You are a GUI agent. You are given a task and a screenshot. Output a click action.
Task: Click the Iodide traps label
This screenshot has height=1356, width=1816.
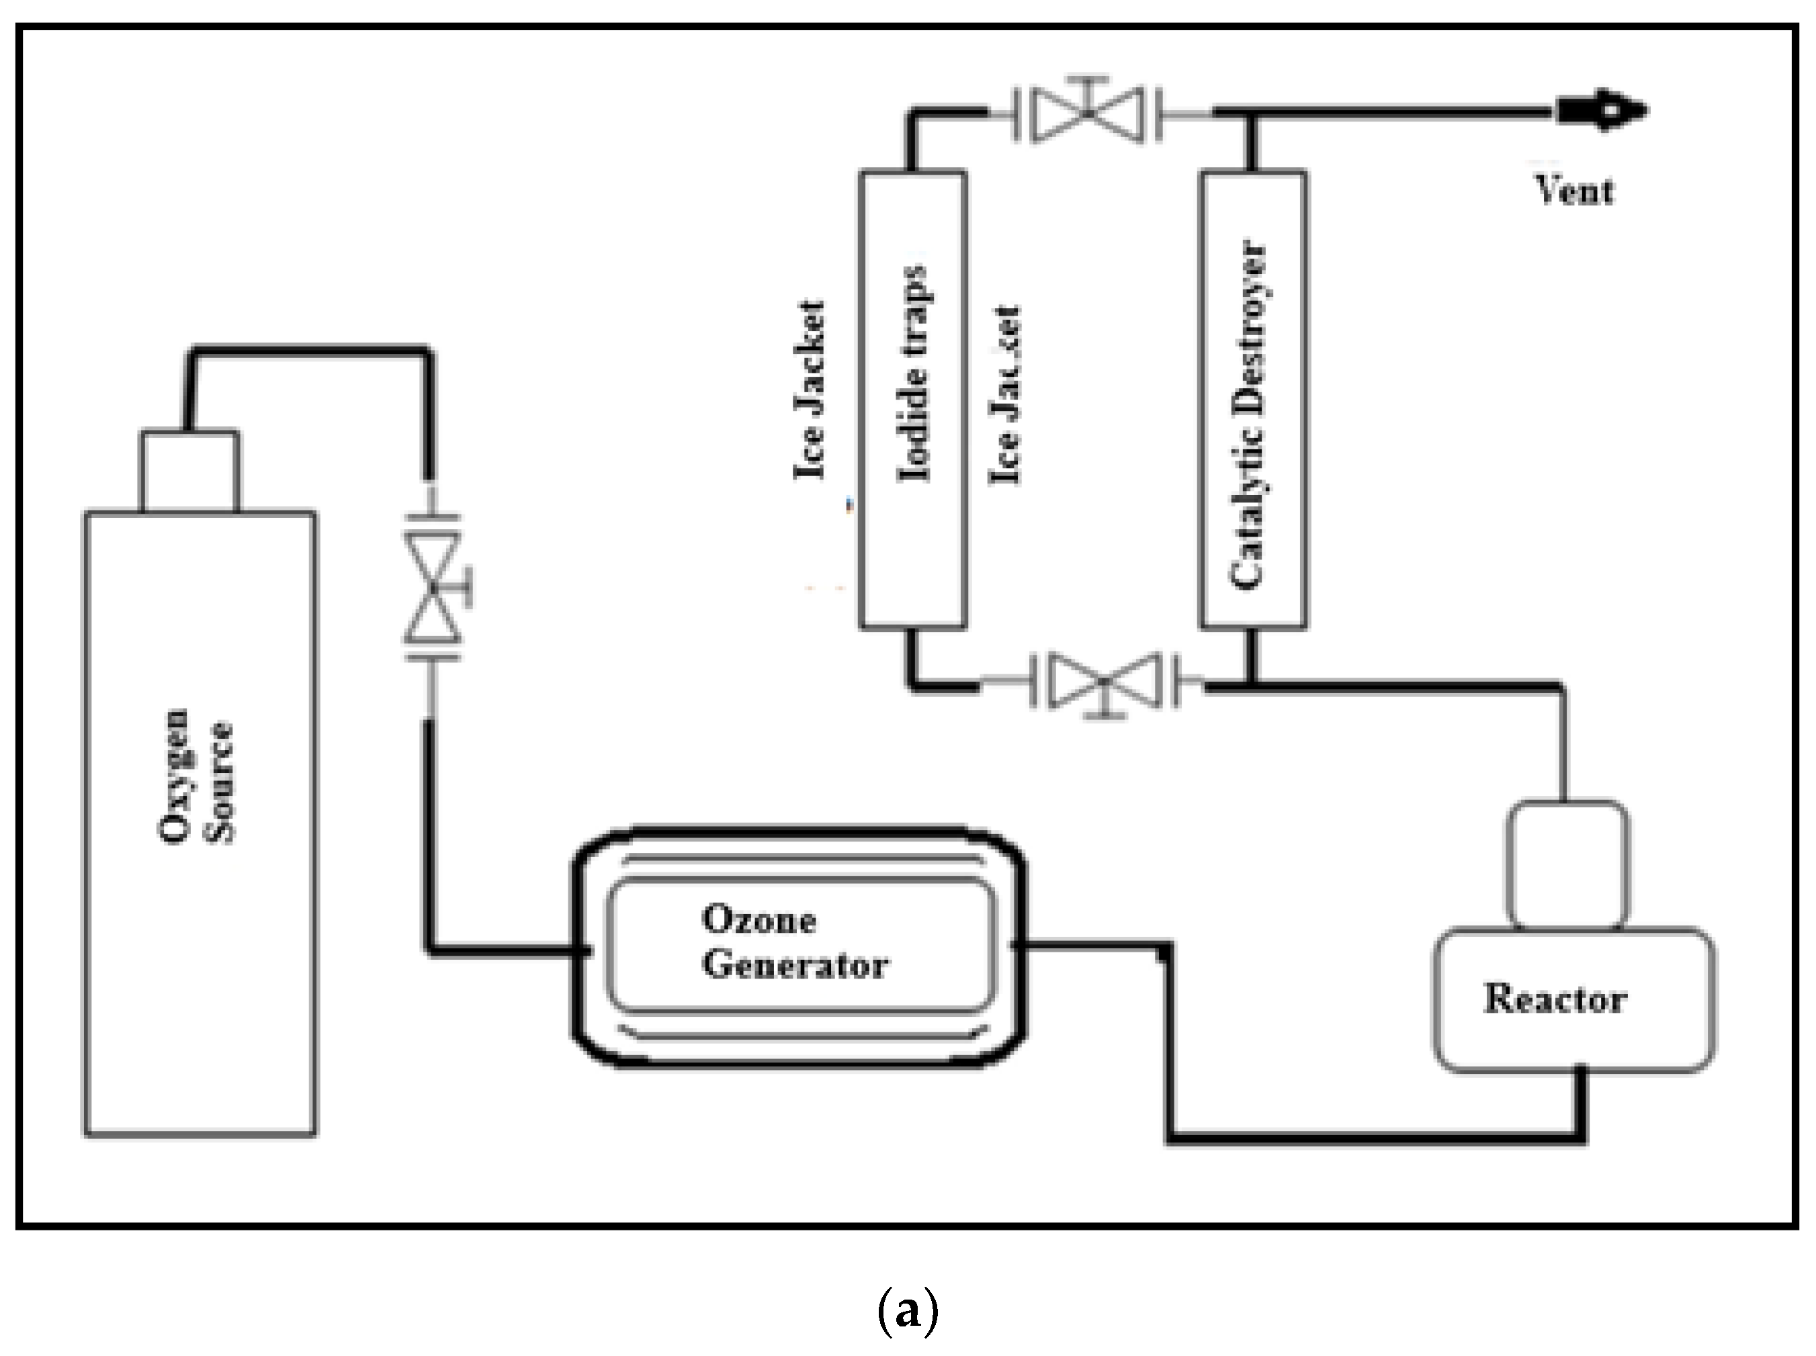(x=914, y=373)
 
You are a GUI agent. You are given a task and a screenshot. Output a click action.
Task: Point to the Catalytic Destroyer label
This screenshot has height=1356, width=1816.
(x=1248, y=414)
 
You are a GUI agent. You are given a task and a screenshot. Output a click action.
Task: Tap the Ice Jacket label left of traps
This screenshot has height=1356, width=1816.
(x=809, y=390)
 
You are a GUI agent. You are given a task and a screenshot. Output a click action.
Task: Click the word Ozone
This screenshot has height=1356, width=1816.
(x=759, y=920)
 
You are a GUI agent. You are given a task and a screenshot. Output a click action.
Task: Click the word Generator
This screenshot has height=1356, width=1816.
(x=795, y=965)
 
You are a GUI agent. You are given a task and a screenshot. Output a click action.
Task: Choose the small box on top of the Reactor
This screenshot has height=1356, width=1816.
(x=1567, y=864)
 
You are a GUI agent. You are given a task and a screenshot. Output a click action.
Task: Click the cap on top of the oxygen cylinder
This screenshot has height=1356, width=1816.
(x=190, y=471)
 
